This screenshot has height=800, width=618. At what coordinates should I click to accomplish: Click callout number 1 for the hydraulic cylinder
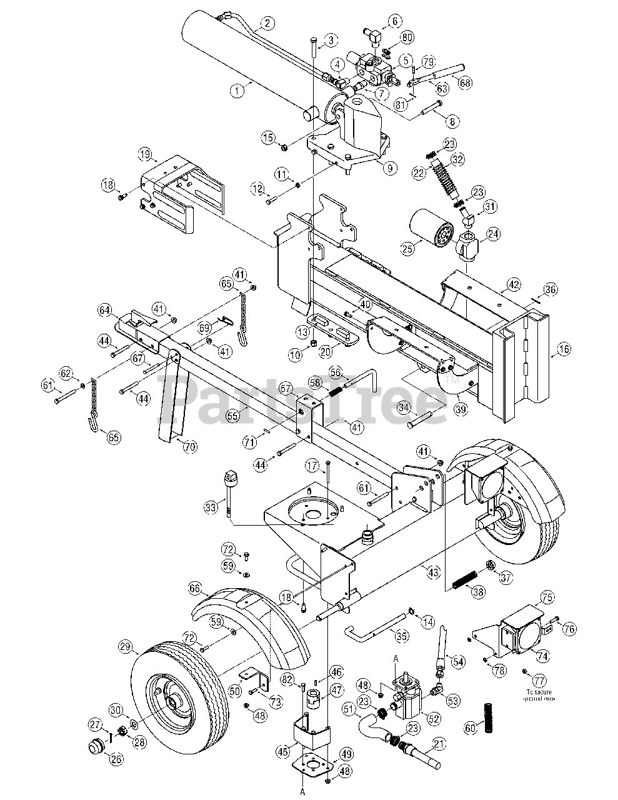236,90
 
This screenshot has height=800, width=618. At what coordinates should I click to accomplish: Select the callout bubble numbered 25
407,249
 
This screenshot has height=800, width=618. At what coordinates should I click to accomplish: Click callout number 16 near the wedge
564,349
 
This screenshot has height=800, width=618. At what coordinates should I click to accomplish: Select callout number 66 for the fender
195,588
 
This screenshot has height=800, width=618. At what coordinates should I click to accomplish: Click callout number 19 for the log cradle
145,154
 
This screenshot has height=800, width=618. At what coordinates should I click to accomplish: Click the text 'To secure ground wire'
541,696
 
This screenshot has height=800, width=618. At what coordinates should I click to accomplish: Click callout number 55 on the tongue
232,414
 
